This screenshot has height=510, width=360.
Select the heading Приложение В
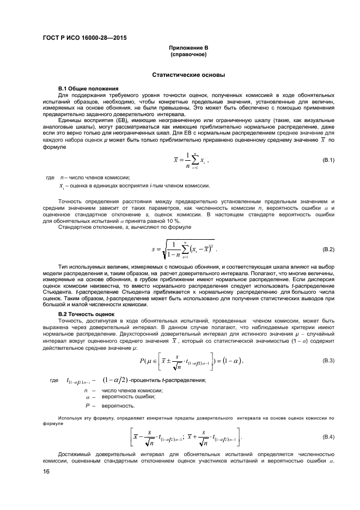[x=188, y=48]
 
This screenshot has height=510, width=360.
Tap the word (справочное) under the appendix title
[x=188, y=55]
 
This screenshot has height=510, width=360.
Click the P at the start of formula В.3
[x=142, y=361]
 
